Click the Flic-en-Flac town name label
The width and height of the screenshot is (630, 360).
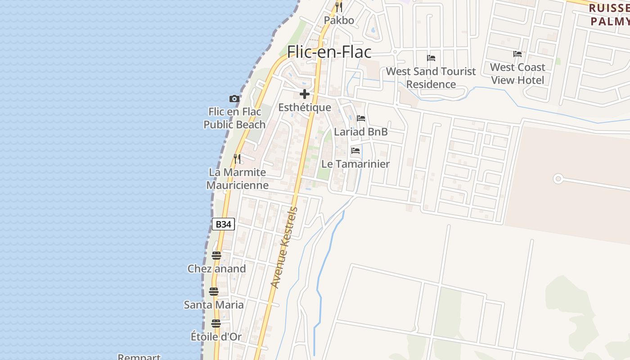(x=329, y=52)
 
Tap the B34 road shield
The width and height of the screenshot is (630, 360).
(x=223, y=224)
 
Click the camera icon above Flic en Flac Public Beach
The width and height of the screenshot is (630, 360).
(x=234, y=99)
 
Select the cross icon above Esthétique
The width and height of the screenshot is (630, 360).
(x=305, y=94)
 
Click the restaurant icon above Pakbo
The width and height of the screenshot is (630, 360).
(x=339, y=7)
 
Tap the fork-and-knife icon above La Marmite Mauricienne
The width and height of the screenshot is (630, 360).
(x=237, y=158)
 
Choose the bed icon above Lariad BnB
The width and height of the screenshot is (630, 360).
(x=361, y=118)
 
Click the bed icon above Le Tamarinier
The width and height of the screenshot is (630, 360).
(x=355, y=151)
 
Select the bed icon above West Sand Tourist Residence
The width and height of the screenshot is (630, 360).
(x=431, y=58)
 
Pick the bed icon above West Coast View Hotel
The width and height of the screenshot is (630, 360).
(x=517, y=54)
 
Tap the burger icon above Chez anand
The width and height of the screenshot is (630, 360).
(x=216, y=256)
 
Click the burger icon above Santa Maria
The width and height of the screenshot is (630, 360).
(x=214, y=291)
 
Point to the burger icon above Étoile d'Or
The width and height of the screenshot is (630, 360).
(x=216, y=323)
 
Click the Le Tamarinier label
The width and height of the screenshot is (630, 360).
(x=355, y=164)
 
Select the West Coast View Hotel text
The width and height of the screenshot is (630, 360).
(x=517, y=73)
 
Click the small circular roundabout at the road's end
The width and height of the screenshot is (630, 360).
(x=558, y=179)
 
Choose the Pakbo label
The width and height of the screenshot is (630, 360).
(x=339, y=20)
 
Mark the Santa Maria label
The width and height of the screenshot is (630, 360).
(x=214, y=305)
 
